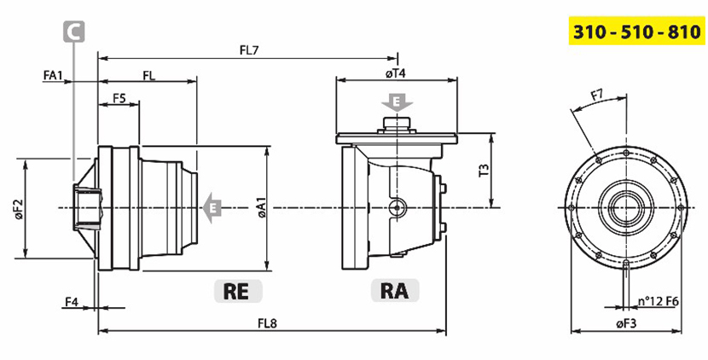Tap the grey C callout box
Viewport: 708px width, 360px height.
[x=74, y=32]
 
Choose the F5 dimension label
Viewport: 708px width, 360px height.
[x=119, y=98]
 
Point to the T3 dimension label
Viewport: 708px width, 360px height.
[x=483, y=170]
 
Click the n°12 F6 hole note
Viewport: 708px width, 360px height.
[x=662, y=301]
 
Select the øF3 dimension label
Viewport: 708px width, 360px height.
[x=626, y=324]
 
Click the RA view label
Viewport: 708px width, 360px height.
[x=395, y=290]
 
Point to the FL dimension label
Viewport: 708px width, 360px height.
[x=148, y=76]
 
